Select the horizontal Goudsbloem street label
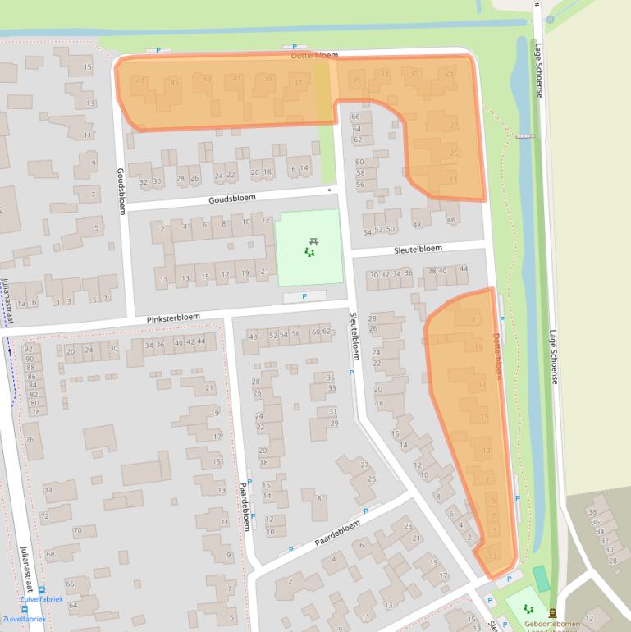[x=232, y=198]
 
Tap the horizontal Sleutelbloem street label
[x=418, y=248]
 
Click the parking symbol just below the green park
[x=304, y=296]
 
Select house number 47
[x=141, y=80]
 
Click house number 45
[x=174, y=81]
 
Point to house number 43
[x=207, y=80]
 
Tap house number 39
[x=268, y=79]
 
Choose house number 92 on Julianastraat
[x=28, y=349]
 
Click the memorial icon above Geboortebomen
[x=551, y=611]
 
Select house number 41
[x=237, y=79]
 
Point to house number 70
[x=77, y=530]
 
